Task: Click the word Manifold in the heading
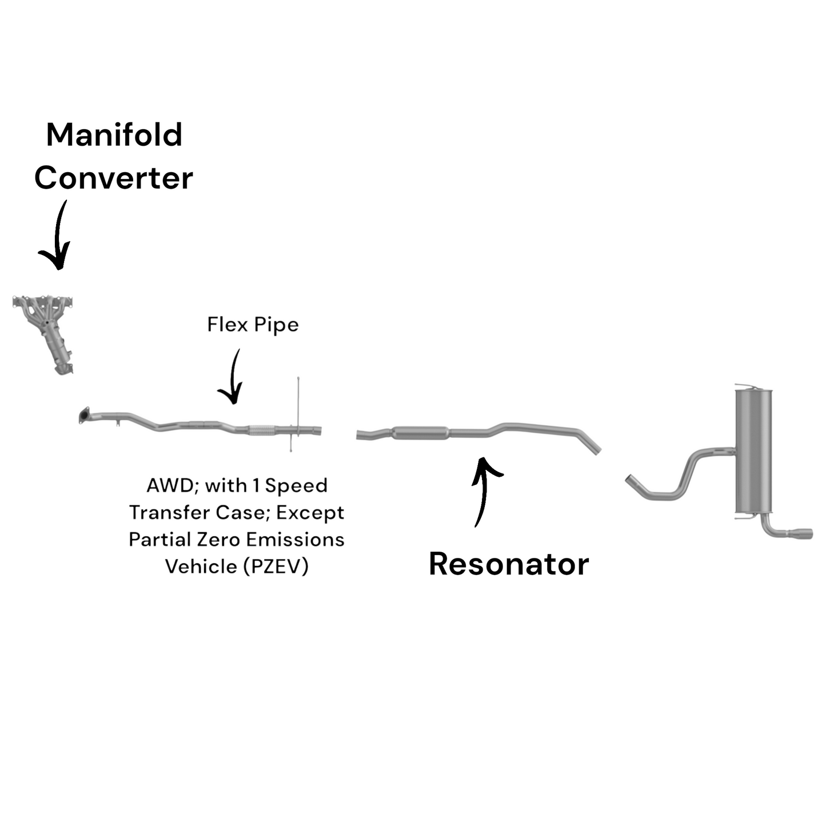point(114,135)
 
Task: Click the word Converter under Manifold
point(114,178)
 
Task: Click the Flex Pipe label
point(253,325)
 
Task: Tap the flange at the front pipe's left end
point(85,416)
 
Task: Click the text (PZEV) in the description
point(276,566)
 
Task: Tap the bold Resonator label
point(509,564)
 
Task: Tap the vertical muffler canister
point(753,452)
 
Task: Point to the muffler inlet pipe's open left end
point(630,480)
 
